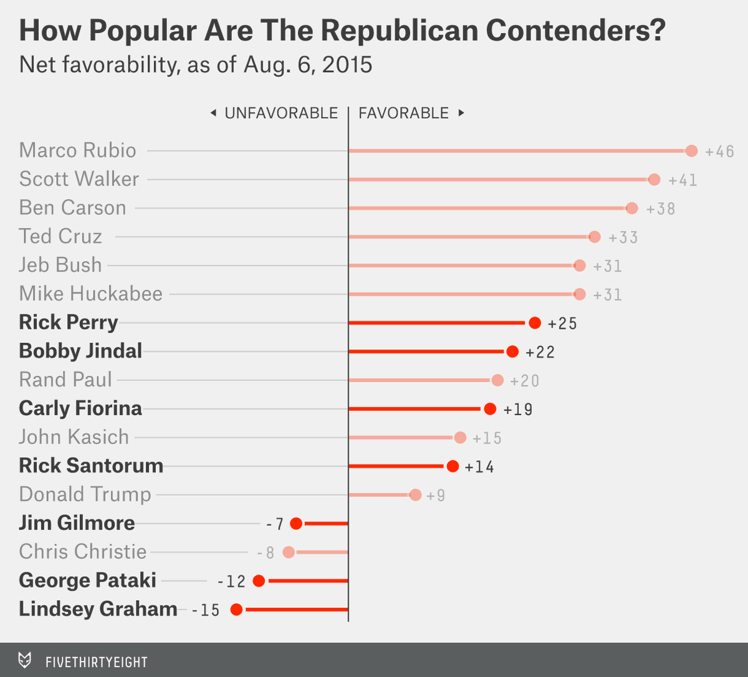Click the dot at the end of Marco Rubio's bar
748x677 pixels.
pos(691,151)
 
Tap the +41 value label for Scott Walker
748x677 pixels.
pos(683,180)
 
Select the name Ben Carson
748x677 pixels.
pos(72,208)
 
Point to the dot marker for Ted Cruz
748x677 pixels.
pos(595,237)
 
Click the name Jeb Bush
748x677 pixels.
pos(60,265)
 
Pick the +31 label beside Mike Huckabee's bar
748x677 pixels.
pos(607,295)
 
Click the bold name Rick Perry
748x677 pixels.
pos(68,322)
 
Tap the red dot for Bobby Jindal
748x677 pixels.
pos(512,352)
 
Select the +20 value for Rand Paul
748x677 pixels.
pos(524,381)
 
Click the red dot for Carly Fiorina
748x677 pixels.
pos(490,409)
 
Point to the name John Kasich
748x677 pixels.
pos(74,437)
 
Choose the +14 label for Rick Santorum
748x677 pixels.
pos(479,467)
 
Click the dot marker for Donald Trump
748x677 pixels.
pos(415,495)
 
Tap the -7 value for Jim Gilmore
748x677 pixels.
pos(275,524)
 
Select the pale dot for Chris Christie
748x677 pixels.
pos(288,552)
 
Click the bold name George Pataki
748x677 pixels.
pos(87,580)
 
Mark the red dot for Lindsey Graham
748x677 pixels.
pos(236,610)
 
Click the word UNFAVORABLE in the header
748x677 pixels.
pos(281,113)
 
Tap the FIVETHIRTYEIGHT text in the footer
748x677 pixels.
pos(97,661)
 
